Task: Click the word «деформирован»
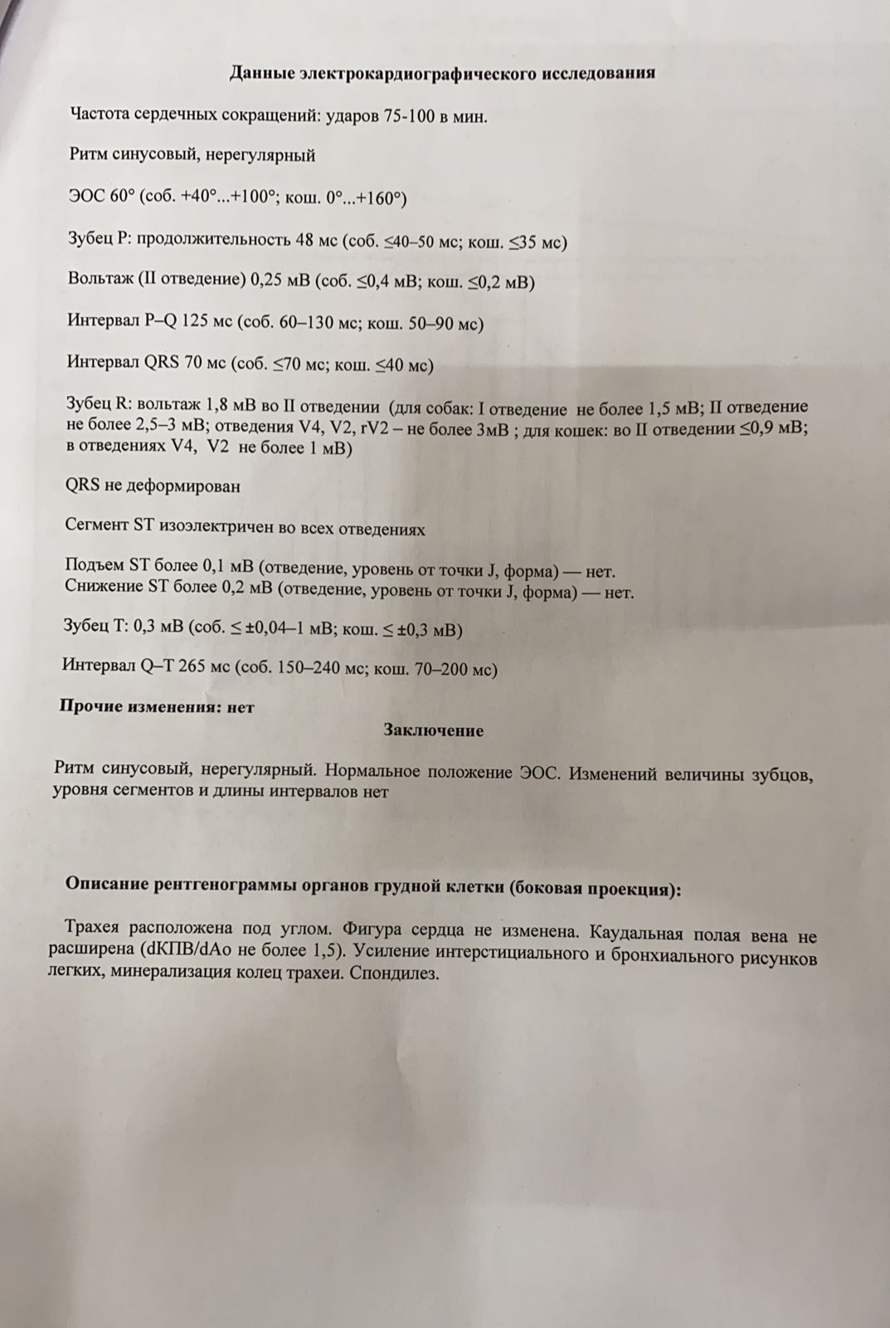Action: click(x=183, y=486)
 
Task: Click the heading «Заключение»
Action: click(x=433, y=730)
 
